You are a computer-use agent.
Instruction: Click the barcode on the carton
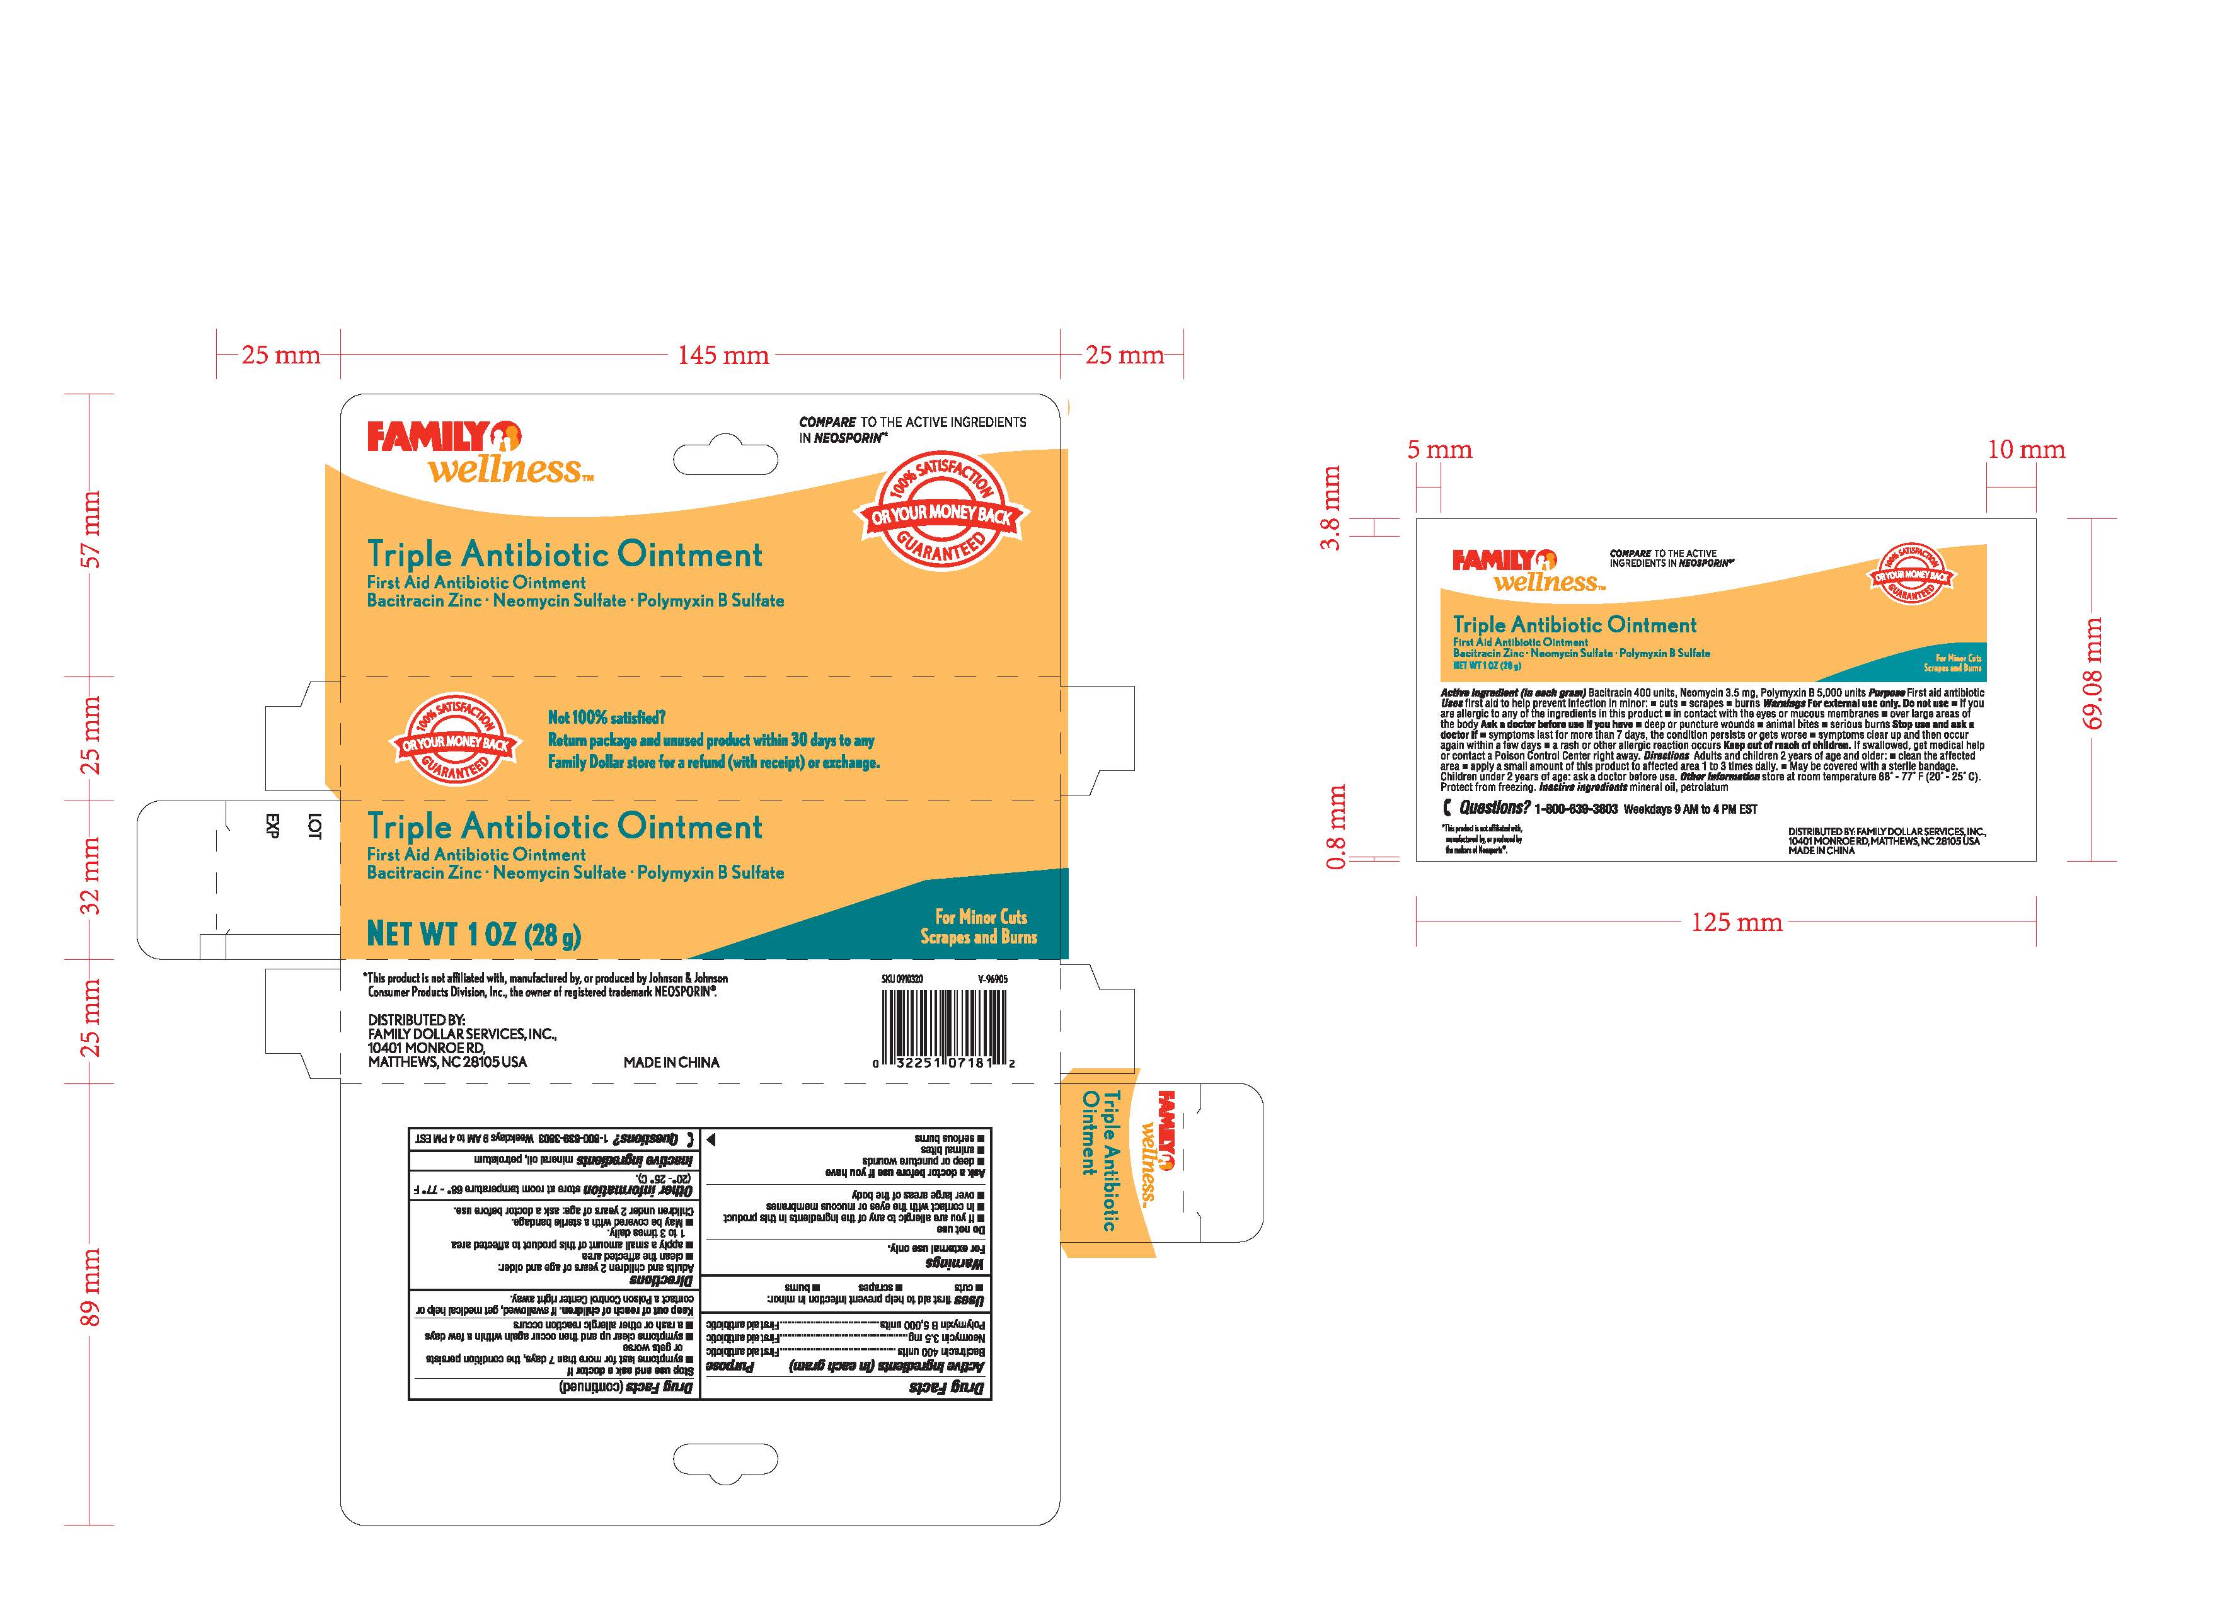click(x=943, y=1022)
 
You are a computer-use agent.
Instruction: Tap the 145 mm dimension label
click(x=723, y=355)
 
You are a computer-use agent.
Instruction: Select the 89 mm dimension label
click(x=90, y=1287)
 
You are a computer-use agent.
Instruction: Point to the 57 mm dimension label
click(x=90, y=530)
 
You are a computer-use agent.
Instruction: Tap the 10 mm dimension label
click(x=2026, y=450)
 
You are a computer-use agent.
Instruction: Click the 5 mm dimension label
click(x=1439, y=450)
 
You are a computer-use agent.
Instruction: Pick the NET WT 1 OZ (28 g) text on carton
click(x=473, y=933)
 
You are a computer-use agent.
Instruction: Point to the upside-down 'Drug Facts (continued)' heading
click(x=626, y=1386)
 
